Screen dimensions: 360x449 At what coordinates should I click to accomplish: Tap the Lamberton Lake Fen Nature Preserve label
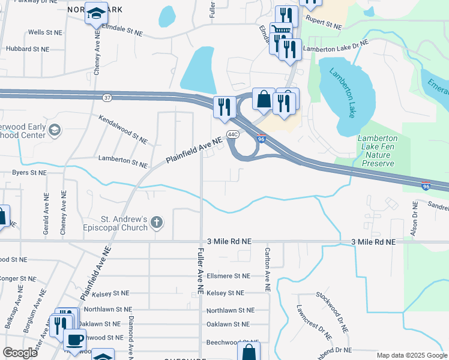[x=378, y=150]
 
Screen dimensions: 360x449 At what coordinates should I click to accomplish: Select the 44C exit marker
[x=233, y=134]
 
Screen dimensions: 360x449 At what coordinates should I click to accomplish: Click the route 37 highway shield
[x=107, y=98]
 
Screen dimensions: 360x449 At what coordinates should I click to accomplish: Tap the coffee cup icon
[x=74, y=340]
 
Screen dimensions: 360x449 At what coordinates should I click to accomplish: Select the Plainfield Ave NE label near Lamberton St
[x=194, y=150]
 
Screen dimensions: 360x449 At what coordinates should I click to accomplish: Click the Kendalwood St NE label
[x=123, y=130]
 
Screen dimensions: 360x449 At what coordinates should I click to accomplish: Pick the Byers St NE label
[x=29, y=172]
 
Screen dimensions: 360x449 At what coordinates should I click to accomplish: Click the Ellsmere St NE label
[x=228, y=276]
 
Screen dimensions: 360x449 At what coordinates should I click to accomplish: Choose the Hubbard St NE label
[x=27, y=49]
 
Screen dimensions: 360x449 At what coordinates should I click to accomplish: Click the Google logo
[x=20, y=352]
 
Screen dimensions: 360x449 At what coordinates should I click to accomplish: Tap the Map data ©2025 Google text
[x=411, y=355]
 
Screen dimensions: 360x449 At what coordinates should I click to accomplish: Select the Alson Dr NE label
[x=415, y=217]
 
